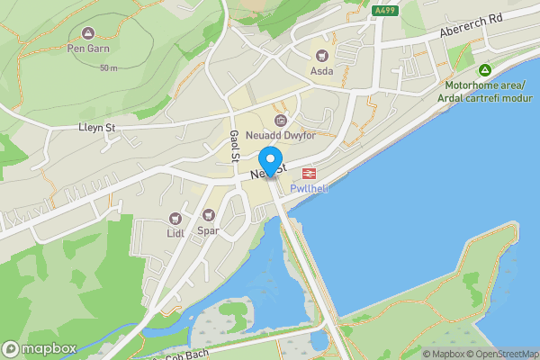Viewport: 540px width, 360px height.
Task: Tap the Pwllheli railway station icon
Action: (x=308, y=172)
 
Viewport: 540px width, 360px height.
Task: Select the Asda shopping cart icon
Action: (x=321, y=54)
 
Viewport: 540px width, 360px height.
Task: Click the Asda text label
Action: (x=321, y=70)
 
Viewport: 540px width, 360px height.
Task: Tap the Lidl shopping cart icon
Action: (x=175, y=219)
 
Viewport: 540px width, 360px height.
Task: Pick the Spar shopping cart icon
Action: (x=209, y=215)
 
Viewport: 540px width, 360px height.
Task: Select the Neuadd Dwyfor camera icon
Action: (x=280, y=121)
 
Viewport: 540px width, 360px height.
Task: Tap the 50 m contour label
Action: (x=108, y=68)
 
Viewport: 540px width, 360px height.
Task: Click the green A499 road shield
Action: (x=385, y=11)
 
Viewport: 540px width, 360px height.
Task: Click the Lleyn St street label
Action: (x=97, y=128)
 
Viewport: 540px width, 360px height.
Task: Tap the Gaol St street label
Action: (x=233, y=144)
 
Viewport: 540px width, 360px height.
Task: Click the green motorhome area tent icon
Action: (x=484, y=70)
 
